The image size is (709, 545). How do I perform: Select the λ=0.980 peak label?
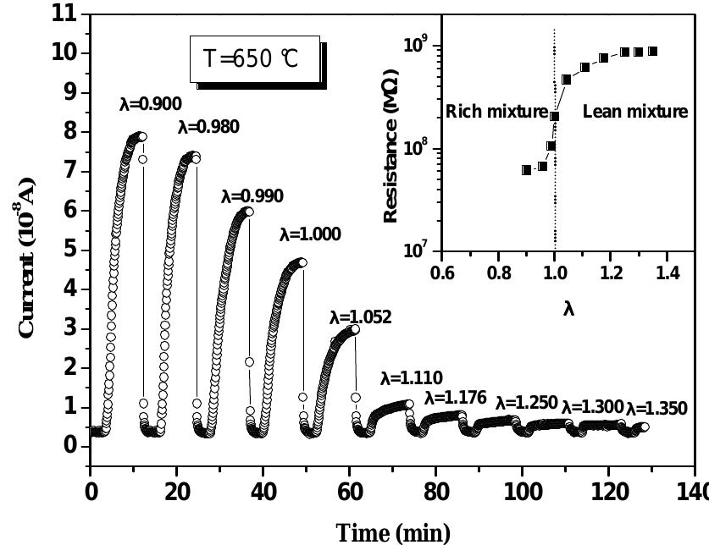208,128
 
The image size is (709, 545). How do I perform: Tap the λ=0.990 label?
252,196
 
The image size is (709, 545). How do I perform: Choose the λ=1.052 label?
360,317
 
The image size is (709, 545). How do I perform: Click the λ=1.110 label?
411,377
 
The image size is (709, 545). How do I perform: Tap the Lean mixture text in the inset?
635,112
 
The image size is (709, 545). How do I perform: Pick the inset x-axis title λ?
568,309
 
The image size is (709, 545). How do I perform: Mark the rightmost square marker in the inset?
652,52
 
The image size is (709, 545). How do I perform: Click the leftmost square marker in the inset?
526,169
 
